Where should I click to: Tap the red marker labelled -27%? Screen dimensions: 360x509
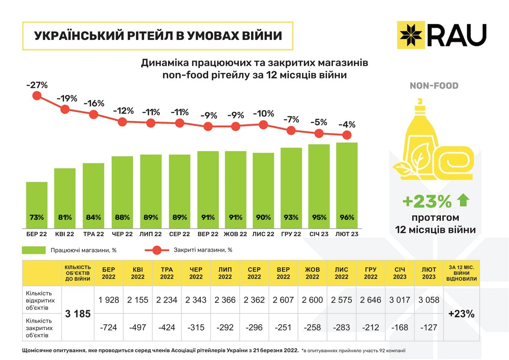(x=37, y=96)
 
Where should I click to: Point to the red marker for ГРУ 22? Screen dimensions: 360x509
(x=291, y=130)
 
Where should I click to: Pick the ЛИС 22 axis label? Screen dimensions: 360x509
(x=263, y=234)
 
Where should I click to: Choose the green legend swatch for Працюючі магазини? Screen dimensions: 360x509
(x=34, y=250)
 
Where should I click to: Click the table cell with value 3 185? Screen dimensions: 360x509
(x=78, y=314)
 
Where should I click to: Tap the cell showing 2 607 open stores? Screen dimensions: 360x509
(x=283, y=300)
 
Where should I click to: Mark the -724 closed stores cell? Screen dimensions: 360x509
(x=109, y=327)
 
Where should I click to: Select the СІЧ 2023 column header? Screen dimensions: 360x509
(x=400, y=273)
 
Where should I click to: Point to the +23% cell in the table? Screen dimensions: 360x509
(x=461, y=314)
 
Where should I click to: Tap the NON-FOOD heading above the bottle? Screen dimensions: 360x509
(x=434, y=86)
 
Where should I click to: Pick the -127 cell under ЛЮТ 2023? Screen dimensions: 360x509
(x=429, y=327)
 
